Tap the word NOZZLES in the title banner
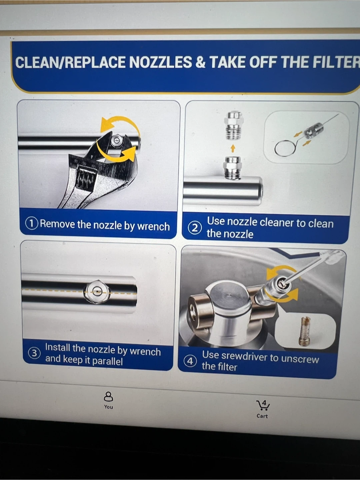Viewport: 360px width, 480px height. pyautogui.click(x=160, y=62)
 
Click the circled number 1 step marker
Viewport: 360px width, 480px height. pyautogui.click(x=32, y=223)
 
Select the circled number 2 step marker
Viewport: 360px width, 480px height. pyautogui.click(x=194, y=228)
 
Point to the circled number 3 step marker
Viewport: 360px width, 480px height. pyautogui.click(x=34, y=353)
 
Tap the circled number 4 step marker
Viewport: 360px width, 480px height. pyautogui.click(x=190, y=361)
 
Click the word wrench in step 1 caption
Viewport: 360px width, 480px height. pyautogui.click(x=153, y=226)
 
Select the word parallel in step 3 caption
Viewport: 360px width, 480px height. pyautogui.click(x=107, y=361)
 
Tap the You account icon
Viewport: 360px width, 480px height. pyautogui.click(x=108, y=396)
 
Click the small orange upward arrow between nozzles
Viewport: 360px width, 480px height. pyautogui.click(x=233, y=148)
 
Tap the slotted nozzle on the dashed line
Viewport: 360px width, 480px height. pyautogui.click(x=97, y=292)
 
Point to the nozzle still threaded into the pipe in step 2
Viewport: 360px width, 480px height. pyautogui.click(x=232, y=168)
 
